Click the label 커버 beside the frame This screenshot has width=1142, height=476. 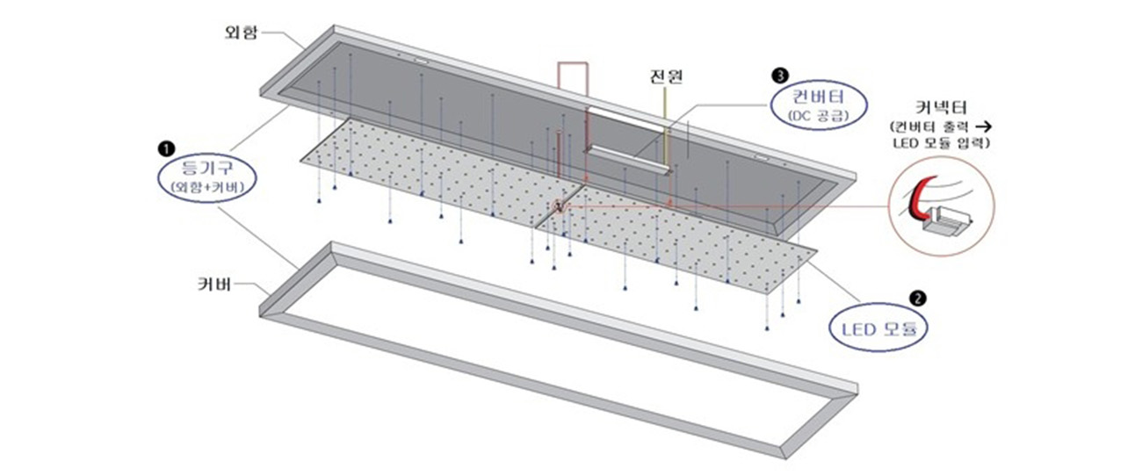point(214,285)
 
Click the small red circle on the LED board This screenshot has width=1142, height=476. point(556,207)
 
